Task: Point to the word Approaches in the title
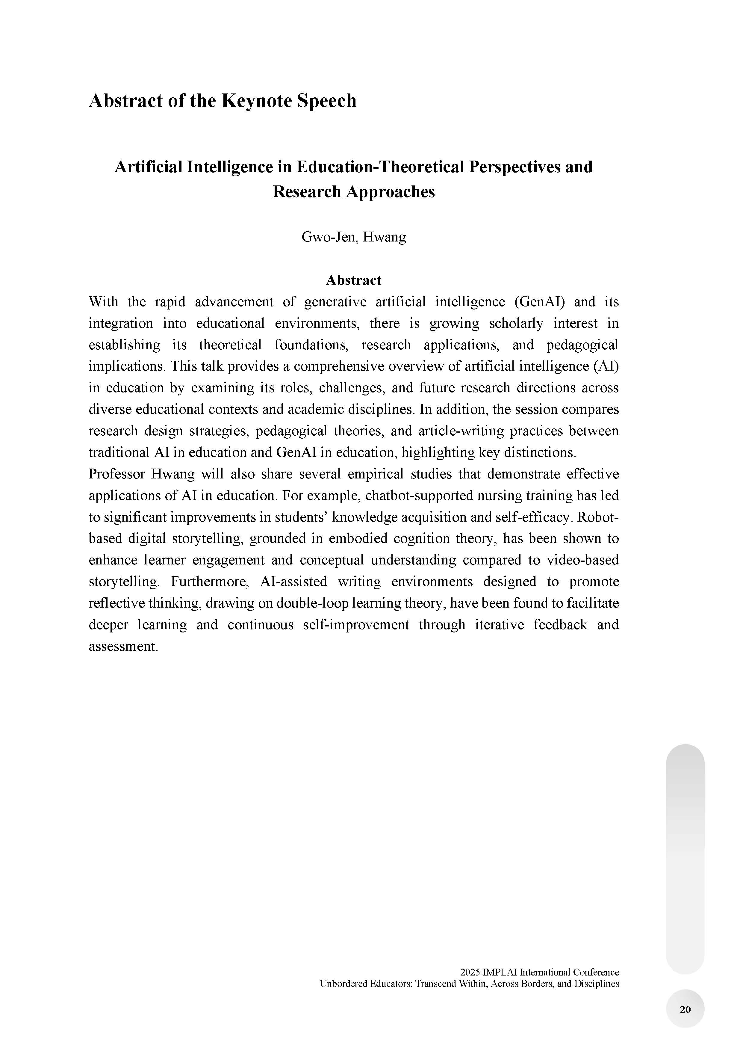point(390,192)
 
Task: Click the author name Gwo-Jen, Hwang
point(353,237)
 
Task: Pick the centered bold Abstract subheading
point(353,280)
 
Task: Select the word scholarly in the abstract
point(516,324)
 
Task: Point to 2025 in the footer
point(470,972)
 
